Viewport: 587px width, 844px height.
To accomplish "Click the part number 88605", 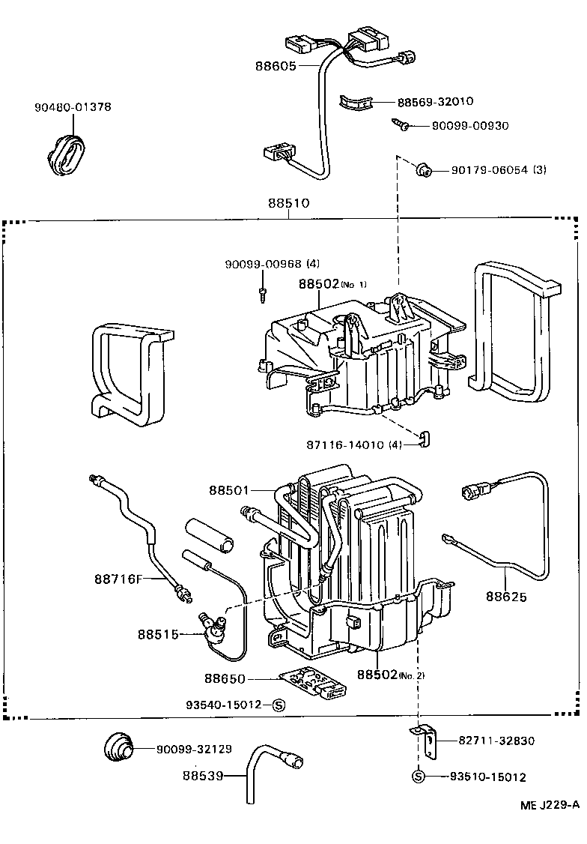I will pyautogui.click(x=276, y=66).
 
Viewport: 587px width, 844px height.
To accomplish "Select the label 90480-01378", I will pyautogui.click(x=73, y=107).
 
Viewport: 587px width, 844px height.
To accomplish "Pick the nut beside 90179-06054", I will pyautogui.click(x=422, y=171).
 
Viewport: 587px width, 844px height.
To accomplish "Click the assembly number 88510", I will pyautogui.click(x=289, y=203).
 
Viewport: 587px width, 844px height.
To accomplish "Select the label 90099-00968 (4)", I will pyautogui.click(x=273, y=264).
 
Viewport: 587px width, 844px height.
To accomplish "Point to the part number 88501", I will pyautogui.click(x=230, y=490).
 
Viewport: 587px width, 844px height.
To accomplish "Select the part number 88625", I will pyautogui.click(x=506, y=597).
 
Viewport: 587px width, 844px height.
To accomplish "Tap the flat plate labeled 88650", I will pyautogui.click(x=313, y=683).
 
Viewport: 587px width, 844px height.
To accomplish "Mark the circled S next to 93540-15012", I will pyautogui.click(x=278, y=705).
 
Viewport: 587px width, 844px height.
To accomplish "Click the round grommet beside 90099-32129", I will pyautogui.click(x=118, y=747).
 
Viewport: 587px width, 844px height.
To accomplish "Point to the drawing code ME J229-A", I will pyautogui.click(x=550, y=805).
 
